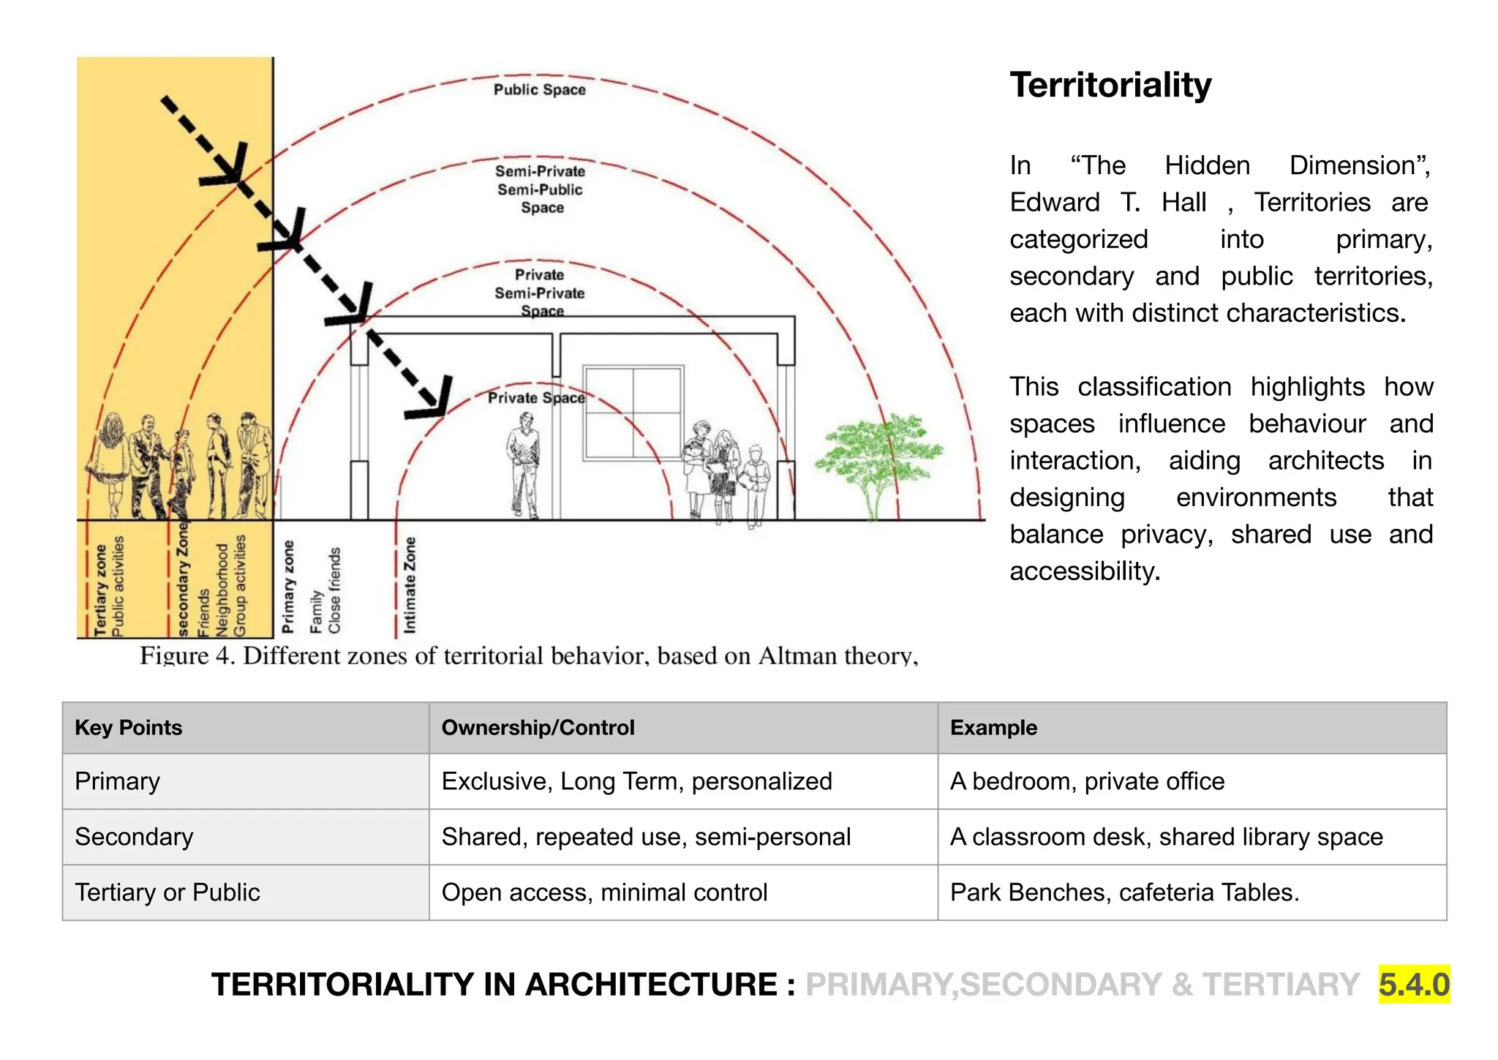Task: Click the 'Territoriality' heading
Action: click(x=1110, y=86)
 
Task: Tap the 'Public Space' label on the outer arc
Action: click(x=540, y=90)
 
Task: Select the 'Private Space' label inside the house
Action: click(x=536, y=398)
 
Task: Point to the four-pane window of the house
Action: click(x=633, y=413)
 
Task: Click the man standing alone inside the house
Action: click(x=524, y=465)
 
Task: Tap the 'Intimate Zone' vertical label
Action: click(x=410, y=585)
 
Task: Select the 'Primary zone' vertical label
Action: click(x=288, y=587)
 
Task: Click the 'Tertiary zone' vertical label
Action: click(x=100, y=590)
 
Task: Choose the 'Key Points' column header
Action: click(x=129, y=728)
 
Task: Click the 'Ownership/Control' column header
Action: click(x=538, y=728)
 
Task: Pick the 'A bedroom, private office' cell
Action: click(x=1087, y=781)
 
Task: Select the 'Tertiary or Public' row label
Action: click(x=168, y=892)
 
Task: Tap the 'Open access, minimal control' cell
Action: click(x=604, y=892)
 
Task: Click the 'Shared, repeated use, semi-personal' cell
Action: click(x=646, y=837)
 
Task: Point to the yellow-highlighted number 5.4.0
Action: click(x=1414, y=984)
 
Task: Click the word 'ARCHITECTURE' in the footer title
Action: click(x=650, y=985)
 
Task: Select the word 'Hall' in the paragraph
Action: click(x=1183, y=203)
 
